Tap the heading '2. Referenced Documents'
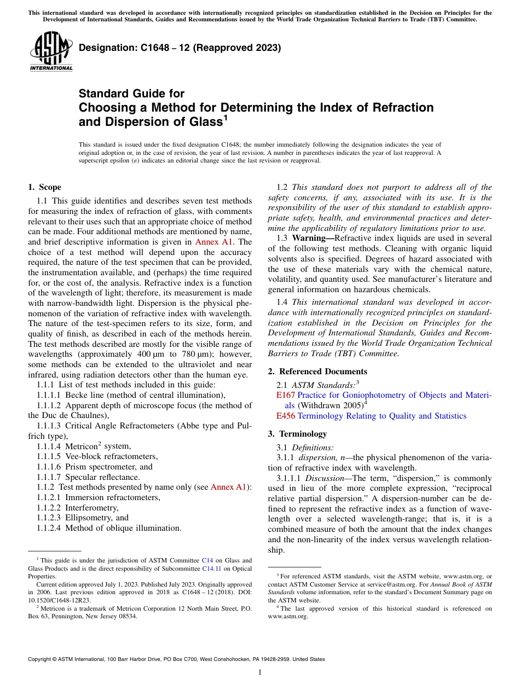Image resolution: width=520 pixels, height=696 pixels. tap(317, 372)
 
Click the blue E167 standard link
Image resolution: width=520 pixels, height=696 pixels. tap(285, 395)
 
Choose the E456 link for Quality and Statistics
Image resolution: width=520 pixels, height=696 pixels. tap(285, 416)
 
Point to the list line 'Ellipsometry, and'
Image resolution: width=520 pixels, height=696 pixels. tap(97, 518)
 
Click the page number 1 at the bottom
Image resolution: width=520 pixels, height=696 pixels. tap(260, 672)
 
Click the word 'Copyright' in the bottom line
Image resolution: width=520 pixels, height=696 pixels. tap(41, 659)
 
